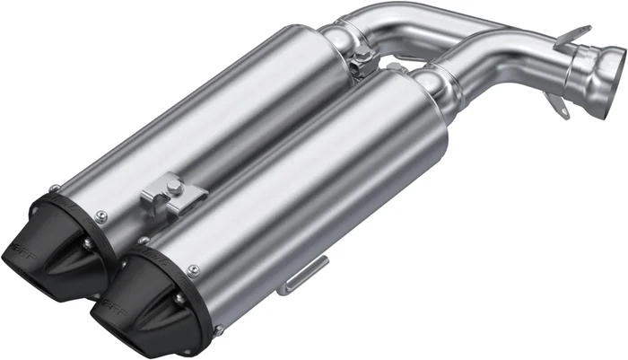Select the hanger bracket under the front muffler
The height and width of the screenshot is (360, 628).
click(x=301, y=277)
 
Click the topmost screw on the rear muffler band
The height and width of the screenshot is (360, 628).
click(x=56, y=188)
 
